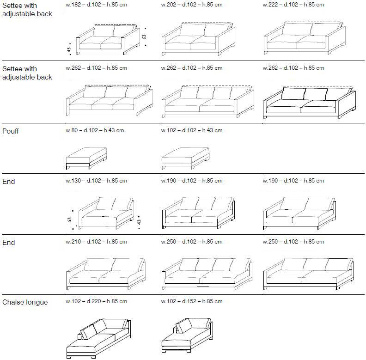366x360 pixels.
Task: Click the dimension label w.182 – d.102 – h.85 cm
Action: point(97,5)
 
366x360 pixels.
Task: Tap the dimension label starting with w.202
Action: point(192,5)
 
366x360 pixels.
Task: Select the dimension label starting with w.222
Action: point(293,5)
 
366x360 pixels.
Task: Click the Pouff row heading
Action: point(11,131)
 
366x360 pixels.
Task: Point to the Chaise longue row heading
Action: point(25,302)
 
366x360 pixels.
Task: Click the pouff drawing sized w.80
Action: point(86,158)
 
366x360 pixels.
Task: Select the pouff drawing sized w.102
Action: point(185,159)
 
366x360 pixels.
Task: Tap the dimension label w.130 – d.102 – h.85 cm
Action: point(97,181)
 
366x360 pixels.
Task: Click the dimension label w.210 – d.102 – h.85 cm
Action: point(97,242)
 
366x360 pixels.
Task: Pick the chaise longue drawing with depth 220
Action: point(98,338)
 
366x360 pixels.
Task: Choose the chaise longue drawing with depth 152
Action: point(187,336)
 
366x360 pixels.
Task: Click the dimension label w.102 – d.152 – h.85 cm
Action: point(192,301)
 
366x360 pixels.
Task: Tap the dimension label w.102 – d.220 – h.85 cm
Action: point(97,301)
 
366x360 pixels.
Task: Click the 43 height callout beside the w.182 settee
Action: point(69,50)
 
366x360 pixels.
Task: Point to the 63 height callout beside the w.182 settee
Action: point(144,37)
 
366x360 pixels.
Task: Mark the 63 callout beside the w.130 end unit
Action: point(69,220)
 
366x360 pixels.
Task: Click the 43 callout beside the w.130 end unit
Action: point(139,222)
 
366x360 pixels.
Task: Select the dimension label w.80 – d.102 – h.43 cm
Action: point(95,130)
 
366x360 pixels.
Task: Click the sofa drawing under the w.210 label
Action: point(106,274)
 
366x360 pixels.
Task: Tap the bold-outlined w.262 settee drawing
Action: point(310,102)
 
